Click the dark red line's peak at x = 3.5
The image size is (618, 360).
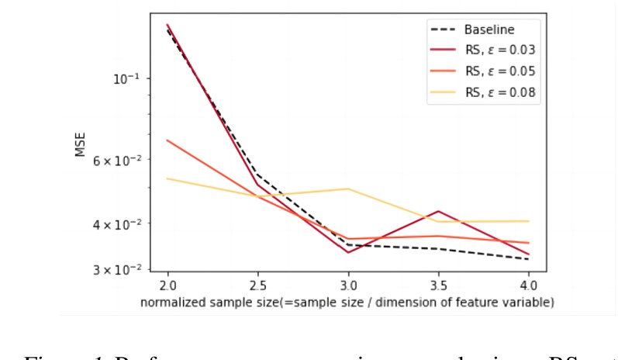pyautogui.click(x=438, y=211)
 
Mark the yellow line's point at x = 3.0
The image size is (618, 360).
pyautogui.click(x=348, y=189)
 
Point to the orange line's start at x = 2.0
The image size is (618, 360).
pyautogui.click(x=167, y=140)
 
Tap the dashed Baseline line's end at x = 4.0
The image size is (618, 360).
pyautogui.click(x=529, y=259)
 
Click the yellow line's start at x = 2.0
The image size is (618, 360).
pyautogui.click(x=167, y=178)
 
